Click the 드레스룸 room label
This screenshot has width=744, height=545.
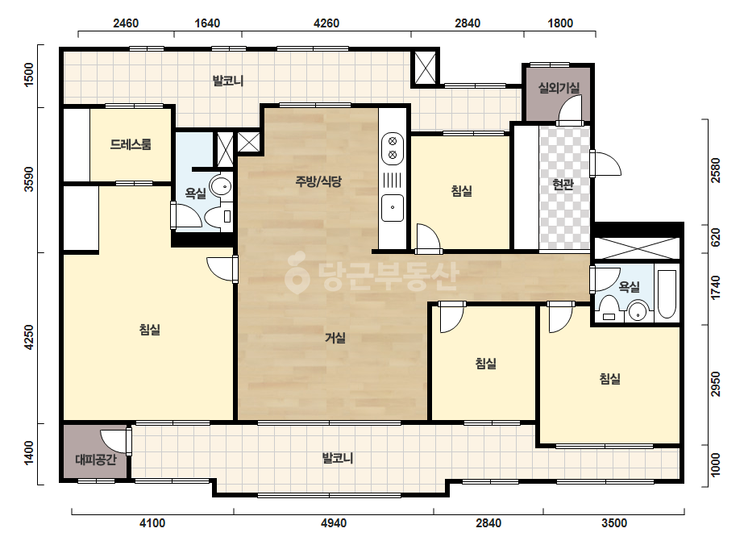pyautogui.click(x=131, y=144)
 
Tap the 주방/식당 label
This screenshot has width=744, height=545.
pyautogui.click(x=318, y=181)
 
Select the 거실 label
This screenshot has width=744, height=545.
pyautogui.click(x=335, y=338)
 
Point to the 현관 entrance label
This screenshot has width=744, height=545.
pyautogui.click(x=563, y=184)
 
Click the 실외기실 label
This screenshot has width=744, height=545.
pyautogui.click(x=559, y=87)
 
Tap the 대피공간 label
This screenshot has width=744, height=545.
pyautogui.click(x=95, y=459)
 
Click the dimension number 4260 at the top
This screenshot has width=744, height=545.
pyautogui.click(x=326, y=23)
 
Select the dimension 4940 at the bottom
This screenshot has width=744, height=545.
pyautogui.click(x=334, y=523)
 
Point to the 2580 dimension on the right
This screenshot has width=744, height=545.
pyautogui.click(x=716, y=170)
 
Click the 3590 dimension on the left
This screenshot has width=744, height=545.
pyautogui.click(x=29, y=180)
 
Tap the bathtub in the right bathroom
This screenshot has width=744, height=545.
pyautogui.click(x=667, y=294)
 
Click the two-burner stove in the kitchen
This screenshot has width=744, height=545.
pyautogui.click(x=393, y=148)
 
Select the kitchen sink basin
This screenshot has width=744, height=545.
pyautogui.click(x=393, y=207)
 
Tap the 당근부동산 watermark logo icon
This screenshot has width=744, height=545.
pyautogui.click(x=297, y=273)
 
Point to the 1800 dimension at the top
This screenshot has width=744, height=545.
pyautogui.click(x=560, y=23)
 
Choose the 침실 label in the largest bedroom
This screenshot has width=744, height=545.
pyautogui.click(x=150, y=330)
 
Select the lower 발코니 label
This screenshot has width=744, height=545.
pyautogui.click(x=338, y=458)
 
